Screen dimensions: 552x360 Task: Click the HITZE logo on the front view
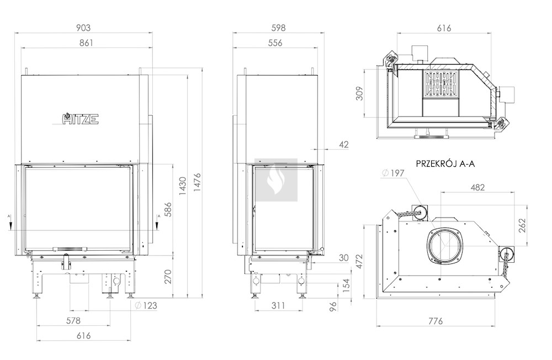(x=81, y=119)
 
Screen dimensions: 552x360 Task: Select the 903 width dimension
(x=83, y=28)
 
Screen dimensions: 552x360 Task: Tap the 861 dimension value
(x=86, y=43)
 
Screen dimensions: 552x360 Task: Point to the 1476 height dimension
(x=197, y=182)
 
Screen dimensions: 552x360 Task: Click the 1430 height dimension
(x=182, y=186)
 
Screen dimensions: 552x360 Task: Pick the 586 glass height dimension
(x=168, y=209)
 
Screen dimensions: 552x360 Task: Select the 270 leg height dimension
(x=168, y=276)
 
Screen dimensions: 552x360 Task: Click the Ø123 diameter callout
(x=146, y=305)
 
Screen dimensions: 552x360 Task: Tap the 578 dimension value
(x=73, y=321)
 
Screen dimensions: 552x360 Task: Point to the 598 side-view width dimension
(x=278, y=28)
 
